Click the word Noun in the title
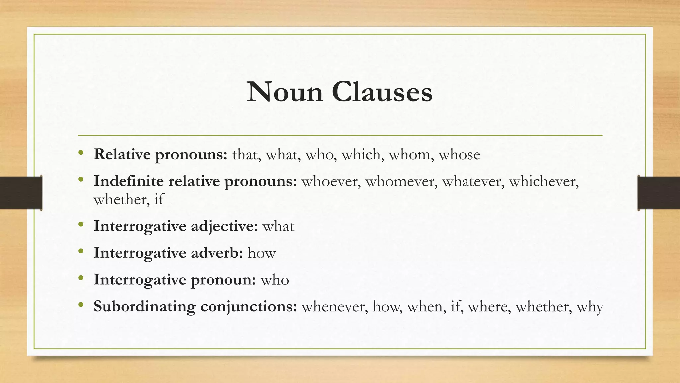point(285,92)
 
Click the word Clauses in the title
point(382,92)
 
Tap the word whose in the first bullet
point(459,155)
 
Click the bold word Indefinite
point(128,181)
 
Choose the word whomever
point(401,181)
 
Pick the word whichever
point(544,181)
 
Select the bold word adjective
point(224,227)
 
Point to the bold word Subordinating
point(144,307)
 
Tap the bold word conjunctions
point(248,307)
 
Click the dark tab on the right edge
point(659,193)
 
